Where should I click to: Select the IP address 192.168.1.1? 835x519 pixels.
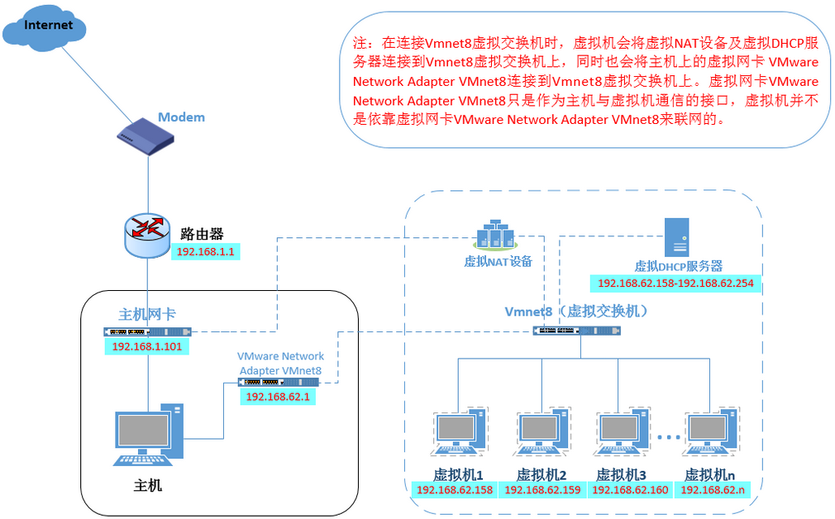(x=206, y=250)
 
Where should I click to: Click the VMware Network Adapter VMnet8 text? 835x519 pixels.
(x=280, y=364)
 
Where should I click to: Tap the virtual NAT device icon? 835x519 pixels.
(x=498, y=234)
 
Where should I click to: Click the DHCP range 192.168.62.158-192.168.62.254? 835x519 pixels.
(x=676, y=283)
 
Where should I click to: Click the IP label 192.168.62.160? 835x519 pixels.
(x=630, y=490)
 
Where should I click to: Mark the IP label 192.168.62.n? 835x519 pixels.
(x=712, y=490)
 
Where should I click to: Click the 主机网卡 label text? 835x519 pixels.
(x=147, y=314)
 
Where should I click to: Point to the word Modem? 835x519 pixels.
(x=181, y=117)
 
